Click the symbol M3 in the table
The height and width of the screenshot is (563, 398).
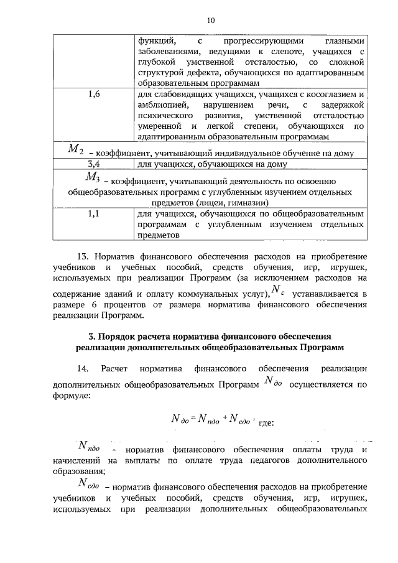[92, 179]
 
